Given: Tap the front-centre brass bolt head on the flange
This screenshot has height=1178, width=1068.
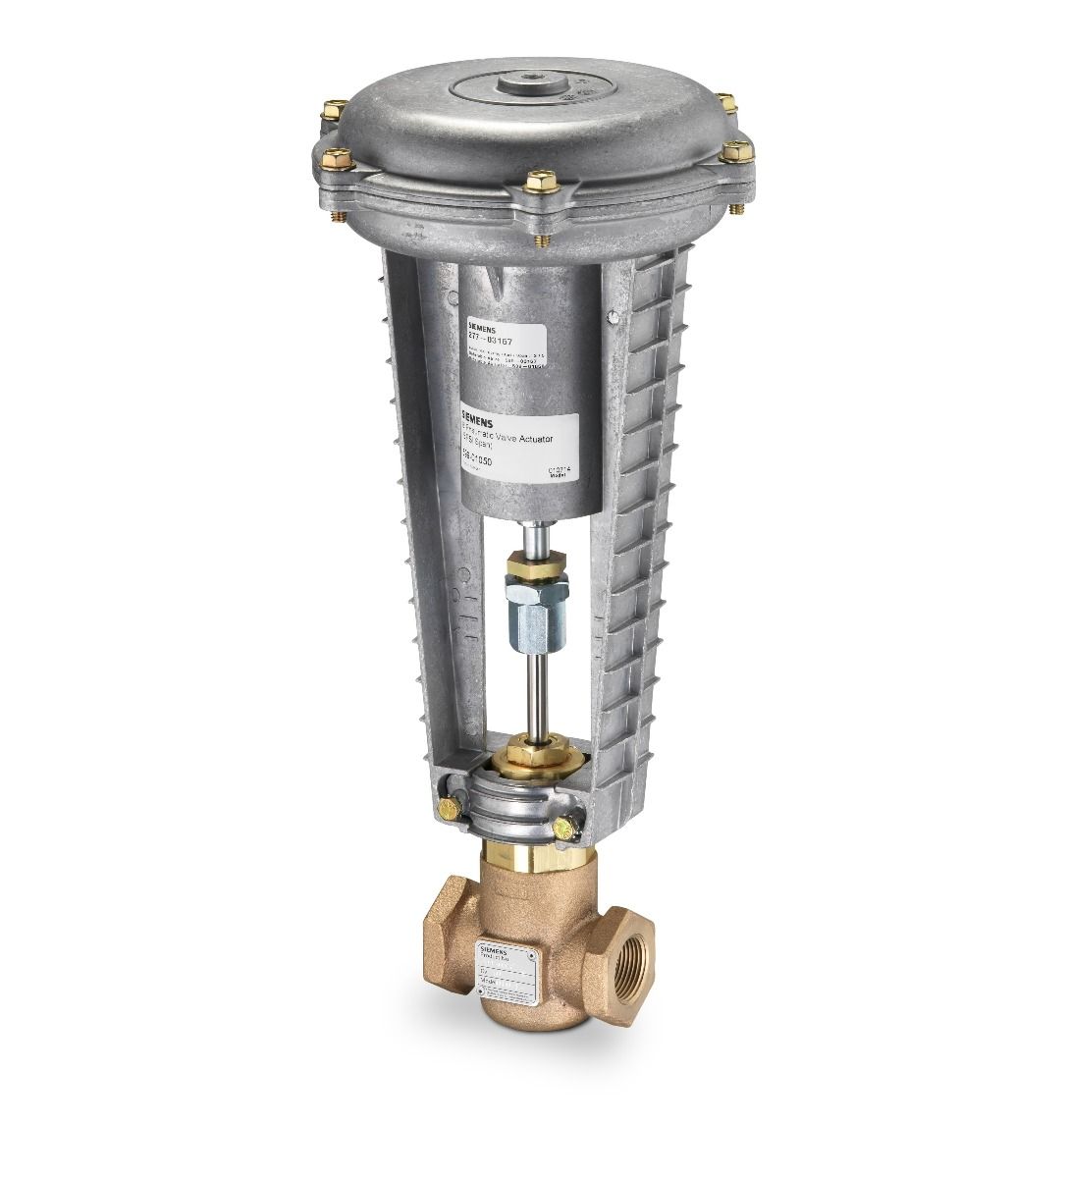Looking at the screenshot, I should click(x=541, y=182).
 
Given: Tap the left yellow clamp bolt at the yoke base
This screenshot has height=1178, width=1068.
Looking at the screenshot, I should click(x=450, y=809).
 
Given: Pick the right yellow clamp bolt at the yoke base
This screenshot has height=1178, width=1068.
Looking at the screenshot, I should click(x=563, y=829).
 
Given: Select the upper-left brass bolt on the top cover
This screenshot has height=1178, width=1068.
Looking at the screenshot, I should click(x=333, y=110).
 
